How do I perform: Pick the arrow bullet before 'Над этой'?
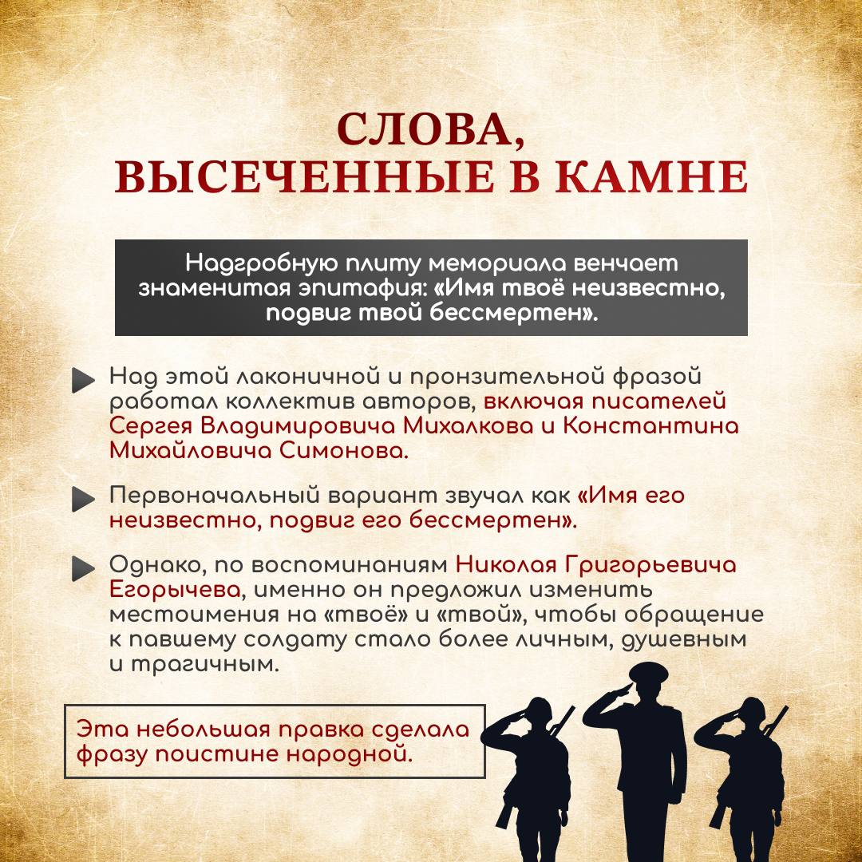[83, 381]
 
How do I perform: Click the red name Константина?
[651, 425]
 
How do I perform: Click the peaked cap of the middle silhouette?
[635, 674]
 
